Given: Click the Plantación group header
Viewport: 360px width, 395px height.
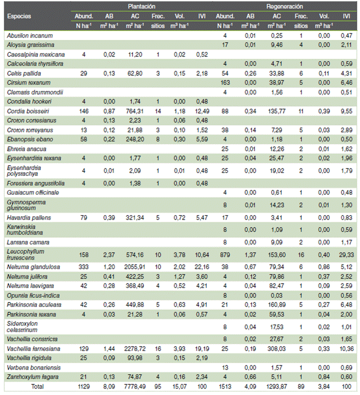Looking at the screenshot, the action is [x=142, y=6].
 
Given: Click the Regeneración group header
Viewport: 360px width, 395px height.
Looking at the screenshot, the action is [x=285, y=6].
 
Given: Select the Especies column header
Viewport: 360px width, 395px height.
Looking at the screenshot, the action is [x=19, y=16].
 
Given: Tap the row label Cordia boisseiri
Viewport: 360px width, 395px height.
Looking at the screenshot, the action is [x=28, y=111].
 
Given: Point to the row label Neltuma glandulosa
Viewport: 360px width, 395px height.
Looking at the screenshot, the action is [x=33, y=267].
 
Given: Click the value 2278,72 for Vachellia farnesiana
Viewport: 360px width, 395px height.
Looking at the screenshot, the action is [x=135, y=349].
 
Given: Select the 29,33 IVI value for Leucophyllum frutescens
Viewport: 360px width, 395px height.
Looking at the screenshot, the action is [x=347, y=255].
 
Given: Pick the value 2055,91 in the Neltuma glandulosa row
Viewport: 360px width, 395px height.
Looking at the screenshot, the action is [x=135, y=267].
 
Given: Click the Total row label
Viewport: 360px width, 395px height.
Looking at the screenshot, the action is [x=37, y=386].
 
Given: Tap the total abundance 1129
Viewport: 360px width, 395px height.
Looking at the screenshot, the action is [x=83, y=386].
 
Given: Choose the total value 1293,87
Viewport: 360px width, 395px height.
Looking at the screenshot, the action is [x=277, y=386].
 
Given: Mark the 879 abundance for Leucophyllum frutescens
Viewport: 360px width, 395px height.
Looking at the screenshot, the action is [x=225, y=255].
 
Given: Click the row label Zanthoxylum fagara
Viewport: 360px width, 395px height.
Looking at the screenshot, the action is [x=33, y=377].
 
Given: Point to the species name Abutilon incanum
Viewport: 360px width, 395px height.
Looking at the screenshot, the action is [x=30, y=36].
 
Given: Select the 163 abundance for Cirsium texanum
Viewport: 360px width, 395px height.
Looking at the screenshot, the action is [x=225, y=83].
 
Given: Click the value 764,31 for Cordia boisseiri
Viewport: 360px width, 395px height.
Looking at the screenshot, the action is [x=135, y=111].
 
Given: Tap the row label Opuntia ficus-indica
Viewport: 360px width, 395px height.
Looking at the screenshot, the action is [x=33, y=295].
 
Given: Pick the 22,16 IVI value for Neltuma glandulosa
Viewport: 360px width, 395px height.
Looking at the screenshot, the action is [x=202, y=267].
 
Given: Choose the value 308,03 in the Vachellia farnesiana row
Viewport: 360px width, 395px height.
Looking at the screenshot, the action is [x=277, y=349].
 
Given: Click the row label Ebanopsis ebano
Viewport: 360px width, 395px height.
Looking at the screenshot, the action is [x=30, y=139].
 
